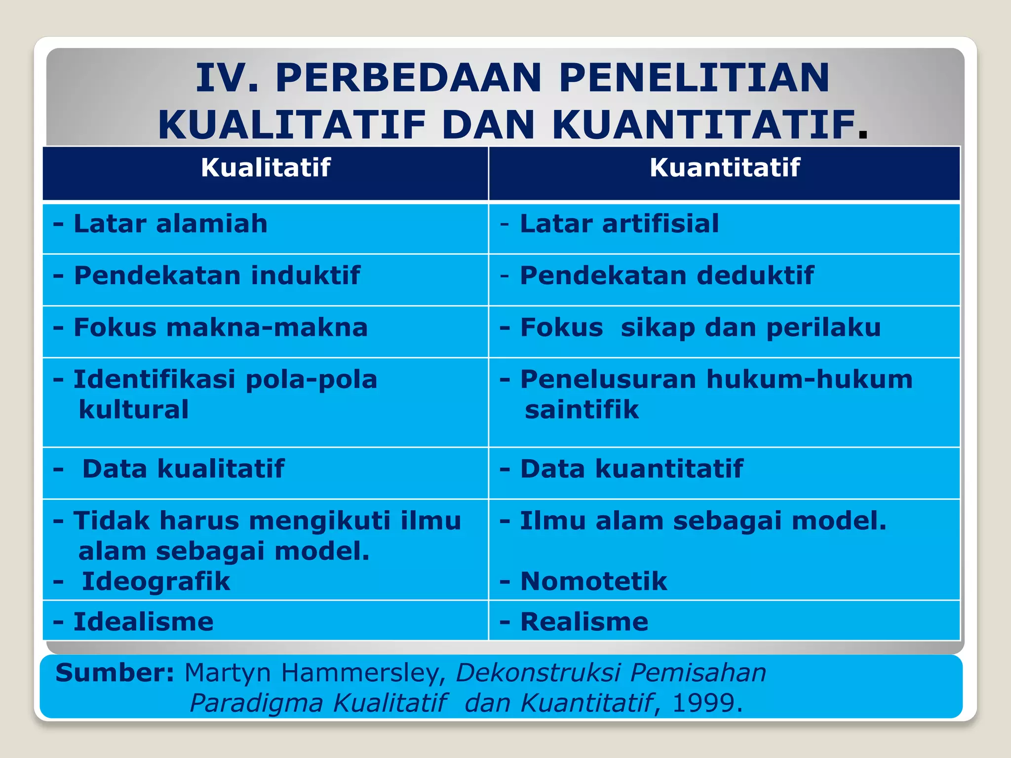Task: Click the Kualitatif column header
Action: (265, 168)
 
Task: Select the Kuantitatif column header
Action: (724, 168)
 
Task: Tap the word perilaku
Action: (823, 328)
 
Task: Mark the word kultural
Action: (133, 410)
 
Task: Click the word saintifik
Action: (582, 410)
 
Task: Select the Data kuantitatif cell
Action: (631, 469)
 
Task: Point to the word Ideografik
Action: (156, 581)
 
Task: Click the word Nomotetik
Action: (593, 581)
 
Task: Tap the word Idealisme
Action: (143, 622)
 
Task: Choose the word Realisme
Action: (584, 622)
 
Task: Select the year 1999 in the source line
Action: (703, 703)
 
